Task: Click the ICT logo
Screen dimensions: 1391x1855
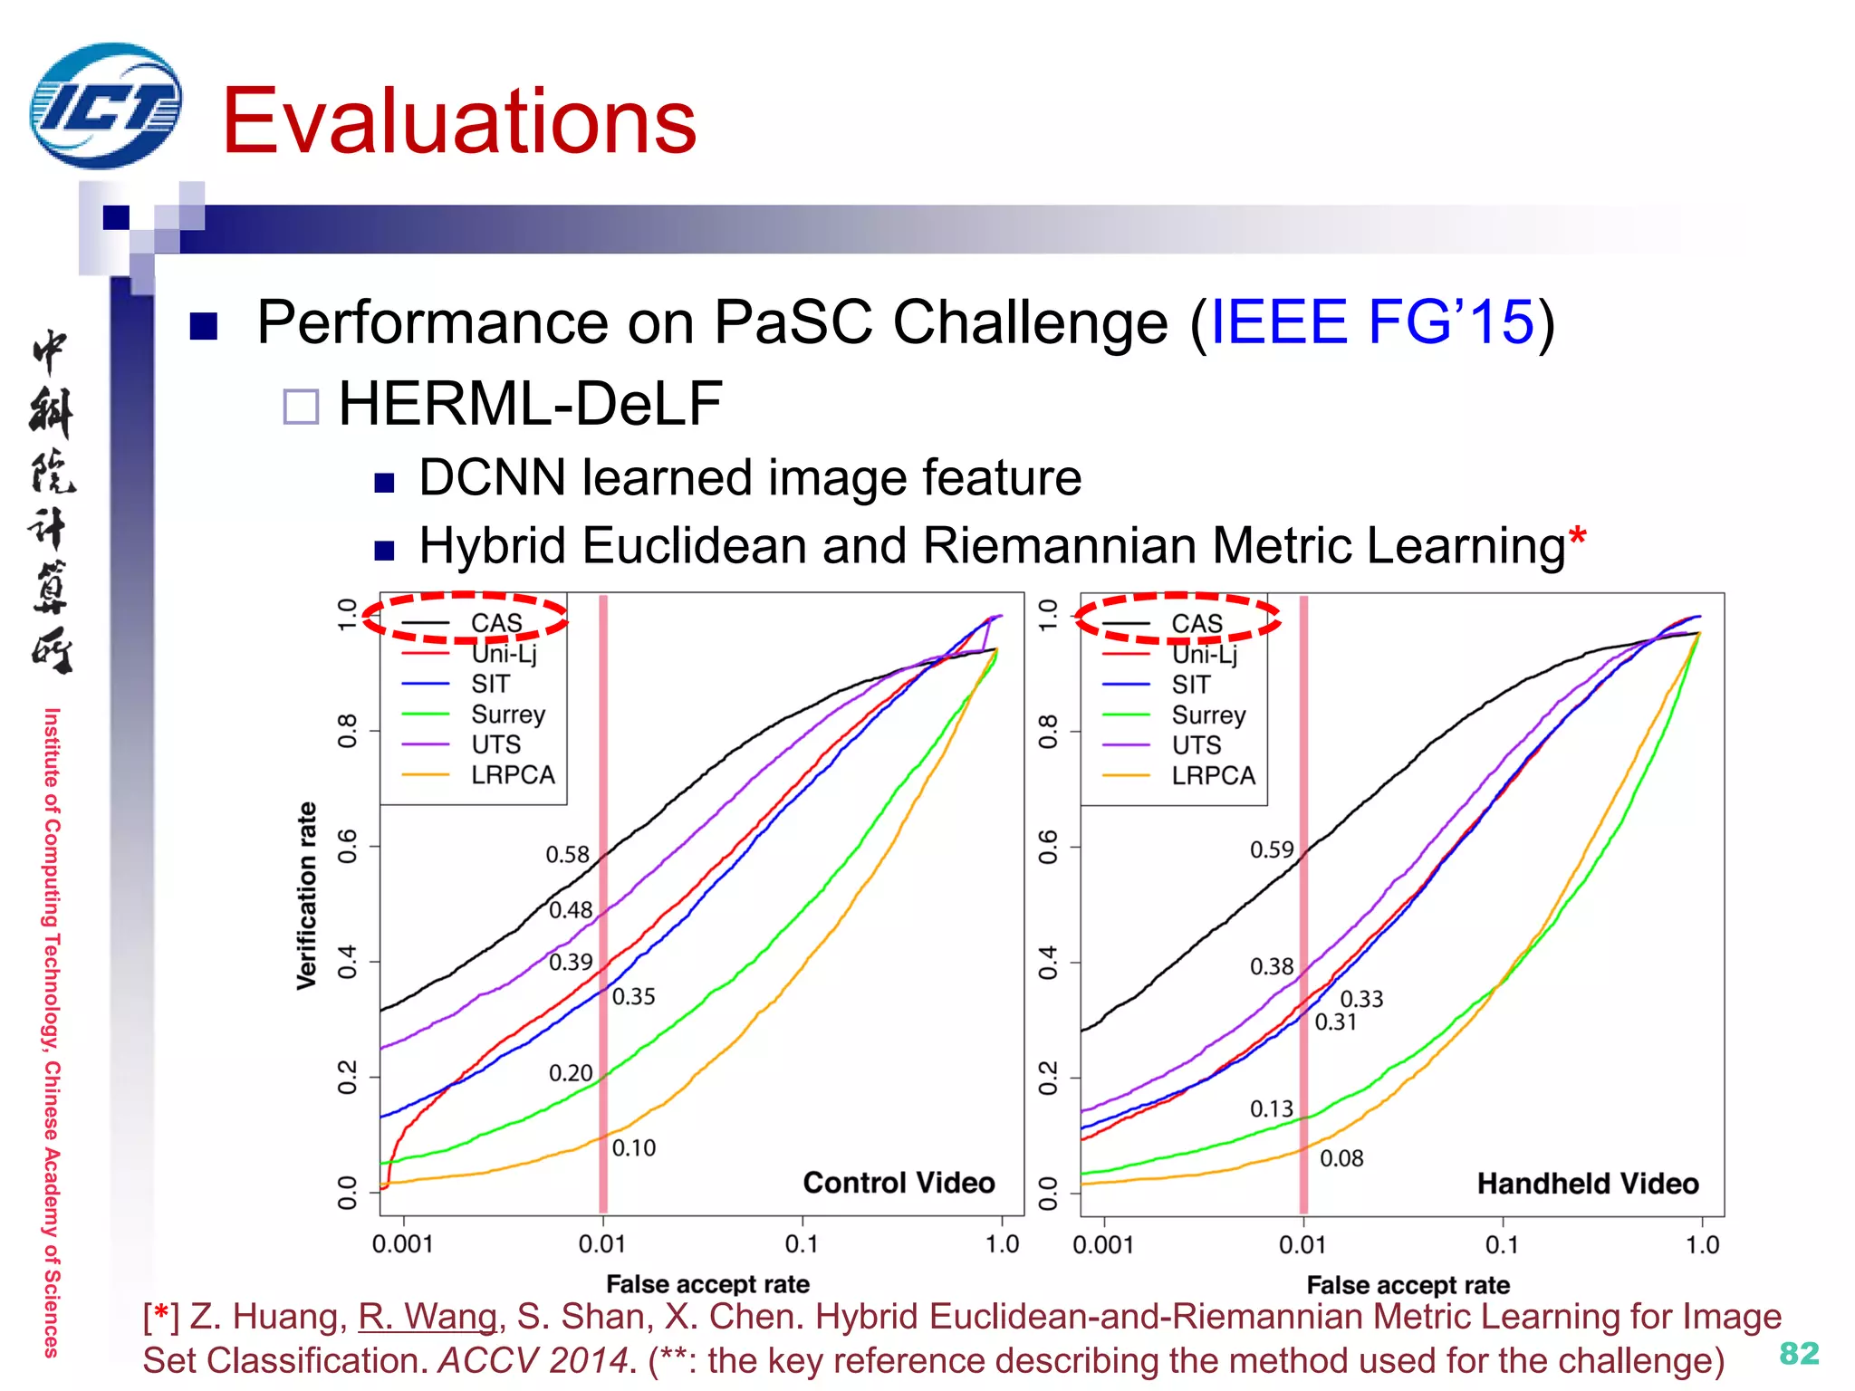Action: (x=105, y=106)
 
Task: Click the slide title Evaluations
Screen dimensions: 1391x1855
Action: (x=459, y=121)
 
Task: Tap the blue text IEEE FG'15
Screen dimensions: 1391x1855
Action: (x=1371, y=322)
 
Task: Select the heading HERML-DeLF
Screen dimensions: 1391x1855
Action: (x=530, y=404)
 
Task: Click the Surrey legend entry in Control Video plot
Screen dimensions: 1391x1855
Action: (x=507, y=715)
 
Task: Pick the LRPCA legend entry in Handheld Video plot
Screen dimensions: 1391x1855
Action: (x=1212, y=776)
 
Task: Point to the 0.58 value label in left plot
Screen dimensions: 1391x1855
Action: (x=567, y=855)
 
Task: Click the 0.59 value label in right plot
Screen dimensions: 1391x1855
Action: (x=1272, y=850)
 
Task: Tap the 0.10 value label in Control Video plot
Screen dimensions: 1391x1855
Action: (x=633, y=1148)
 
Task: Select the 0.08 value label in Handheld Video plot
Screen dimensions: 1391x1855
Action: (x=1341, y=1159)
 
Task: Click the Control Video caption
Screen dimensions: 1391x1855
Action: (x=899, y=1183)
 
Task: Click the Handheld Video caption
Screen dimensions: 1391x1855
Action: (x=1587, y=1184)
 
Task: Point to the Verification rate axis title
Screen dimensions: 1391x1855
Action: (x=307, y=895)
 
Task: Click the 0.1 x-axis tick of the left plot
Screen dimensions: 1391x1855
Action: (x=801, y=1244)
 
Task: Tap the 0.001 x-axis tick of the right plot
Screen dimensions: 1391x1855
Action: (x=1102, y=1245)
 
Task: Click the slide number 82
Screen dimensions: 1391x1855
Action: (x=1798, y=1353)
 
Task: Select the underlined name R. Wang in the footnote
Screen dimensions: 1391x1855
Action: (x=428, y=1317)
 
